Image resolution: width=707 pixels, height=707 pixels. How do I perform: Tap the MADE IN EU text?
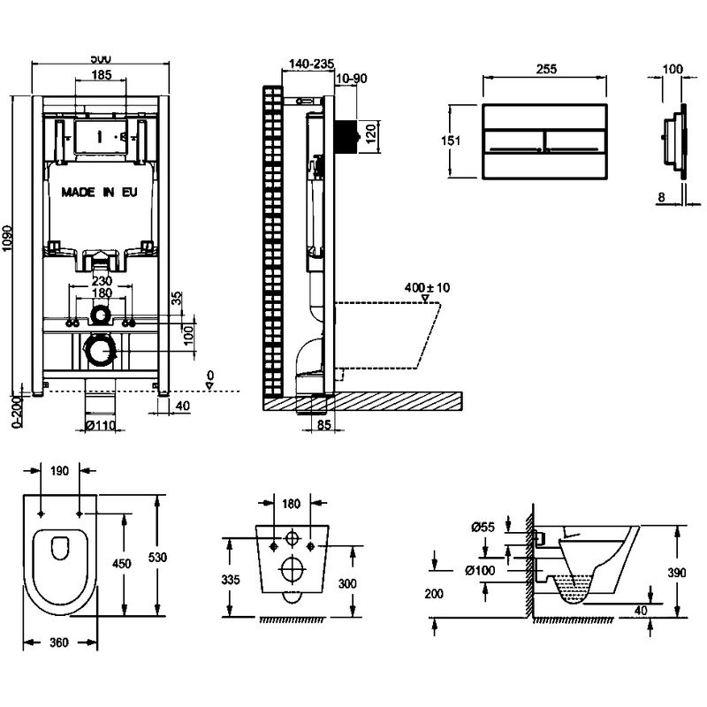click(99, 191)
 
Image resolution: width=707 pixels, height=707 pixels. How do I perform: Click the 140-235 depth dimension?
click(310, 64)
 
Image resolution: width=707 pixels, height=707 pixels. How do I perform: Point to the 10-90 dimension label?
click(352, 79)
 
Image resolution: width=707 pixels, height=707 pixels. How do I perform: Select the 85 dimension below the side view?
click(323, 425)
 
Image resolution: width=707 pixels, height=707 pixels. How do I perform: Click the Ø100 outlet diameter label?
click(480, 571)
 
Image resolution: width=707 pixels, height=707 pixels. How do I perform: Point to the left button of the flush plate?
click(513, 141)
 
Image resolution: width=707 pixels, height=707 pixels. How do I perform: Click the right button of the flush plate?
click(575, 141)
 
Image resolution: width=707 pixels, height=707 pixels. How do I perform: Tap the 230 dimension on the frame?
click(101, 280)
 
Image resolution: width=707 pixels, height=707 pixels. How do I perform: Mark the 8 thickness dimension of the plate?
click(661, 198)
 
